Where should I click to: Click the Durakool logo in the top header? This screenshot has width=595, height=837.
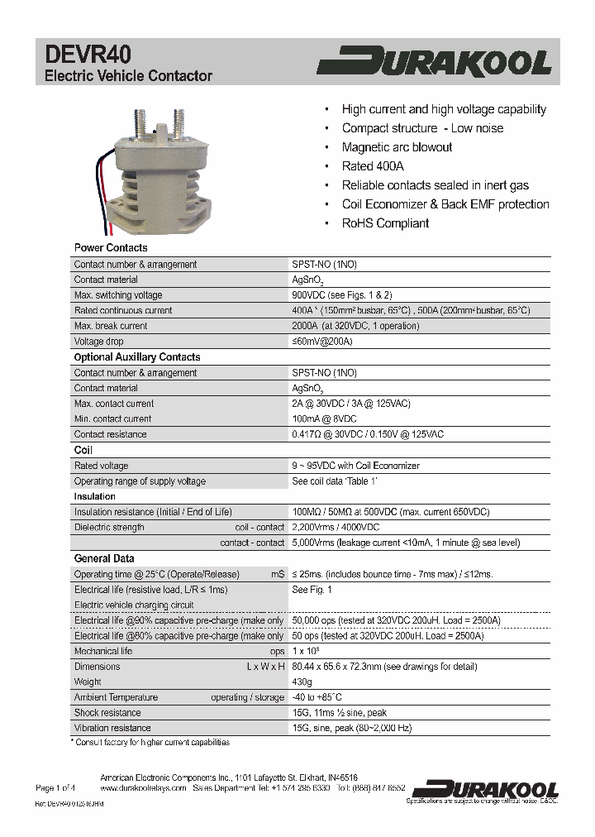[x=435, y=63]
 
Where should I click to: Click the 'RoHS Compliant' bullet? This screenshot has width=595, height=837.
[x=385, y=223]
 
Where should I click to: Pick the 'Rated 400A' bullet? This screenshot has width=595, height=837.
[x=373, y=166]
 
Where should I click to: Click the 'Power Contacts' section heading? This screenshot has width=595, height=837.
[x=111, y=248]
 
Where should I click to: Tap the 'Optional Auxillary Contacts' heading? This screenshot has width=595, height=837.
[x=137, y=357]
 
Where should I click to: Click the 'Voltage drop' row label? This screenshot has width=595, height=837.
[x=100, y=342]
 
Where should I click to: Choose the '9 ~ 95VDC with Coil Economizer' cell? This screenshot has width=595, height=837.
[x=355, y=466]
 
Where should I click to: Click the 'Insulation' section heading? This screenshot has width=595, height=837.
[x=95, y=496]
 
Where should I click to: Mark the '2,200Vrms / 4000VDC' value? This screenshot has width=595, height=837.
[x=336, y=528]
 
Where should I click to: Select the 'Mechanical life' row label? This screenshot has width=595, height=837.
[x=103, y=651]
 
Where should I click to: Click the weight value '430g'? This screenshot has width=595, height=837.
[x=302, y=682]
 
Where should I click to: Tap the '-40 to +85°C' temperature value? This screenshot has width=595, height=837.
[x=317, y=697]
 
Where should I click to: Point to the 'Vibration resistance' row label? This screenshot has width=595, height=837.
[x=112, y=728]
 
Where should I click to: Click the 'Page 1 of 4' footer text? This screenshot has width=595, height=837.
[x=55, y=788]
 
